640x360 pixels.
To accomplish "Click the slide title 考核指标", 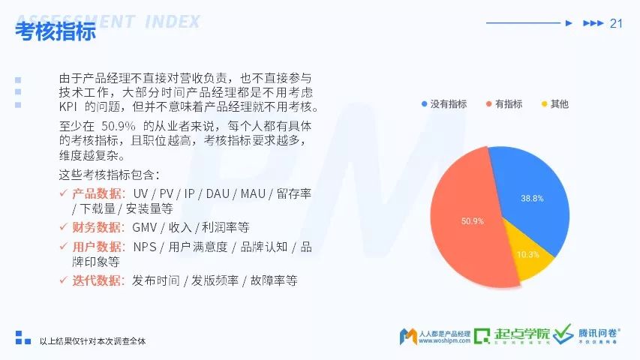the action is pyautogui.click(x=56, y=31).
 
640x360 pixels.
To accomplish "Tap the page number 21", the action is pyautogui.click(x=616, y=23).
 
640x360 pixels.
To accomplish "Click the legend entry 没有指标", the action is pyautogui.click(x=444, y=104).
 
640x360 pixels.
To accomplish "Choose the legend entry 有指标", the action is pyautogui.click(x=504, y=104).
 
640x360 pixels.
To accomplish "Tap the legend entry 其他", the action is pyautogui.click(x=555, y=104).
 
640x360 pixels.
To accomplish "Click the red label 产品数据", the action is pyautogui.click(x=97, y=193).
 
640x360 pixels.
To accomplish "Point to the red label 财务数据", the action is pyautogui.click(x=97, y=227).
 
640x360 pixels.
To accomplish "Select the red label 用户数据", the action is pyautogui.click(x=97, y=247).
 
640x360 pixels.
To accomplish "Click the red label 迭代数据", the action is pyautogui.click(x=97, y=280).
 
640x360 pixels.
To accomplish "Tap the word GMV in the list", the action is pyautogui.click(x=144, y=227).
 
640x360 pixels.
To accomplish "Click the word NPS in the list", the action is pyautogui.click(x=145, y=247).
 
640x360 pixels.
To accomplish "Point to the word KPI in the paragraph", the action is pyautogui.click(x=68, y=107).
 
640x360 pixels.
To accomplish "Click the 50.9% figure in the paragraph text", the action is pyautogui.click(x=119, y=126).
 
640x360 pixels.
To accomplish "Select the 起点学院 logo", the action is pyautogui.click(x=512, y=335).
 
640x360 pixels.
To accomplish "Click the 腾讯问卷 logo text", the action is pyautogui.click(x=599, y=333).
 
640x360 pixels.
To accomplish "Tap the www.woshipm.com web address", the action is pyautogui.click(x=444, y=340).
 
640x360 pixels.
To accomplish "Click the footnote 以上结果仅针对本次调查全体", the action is pyautogui.click(x=92, y=341).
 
